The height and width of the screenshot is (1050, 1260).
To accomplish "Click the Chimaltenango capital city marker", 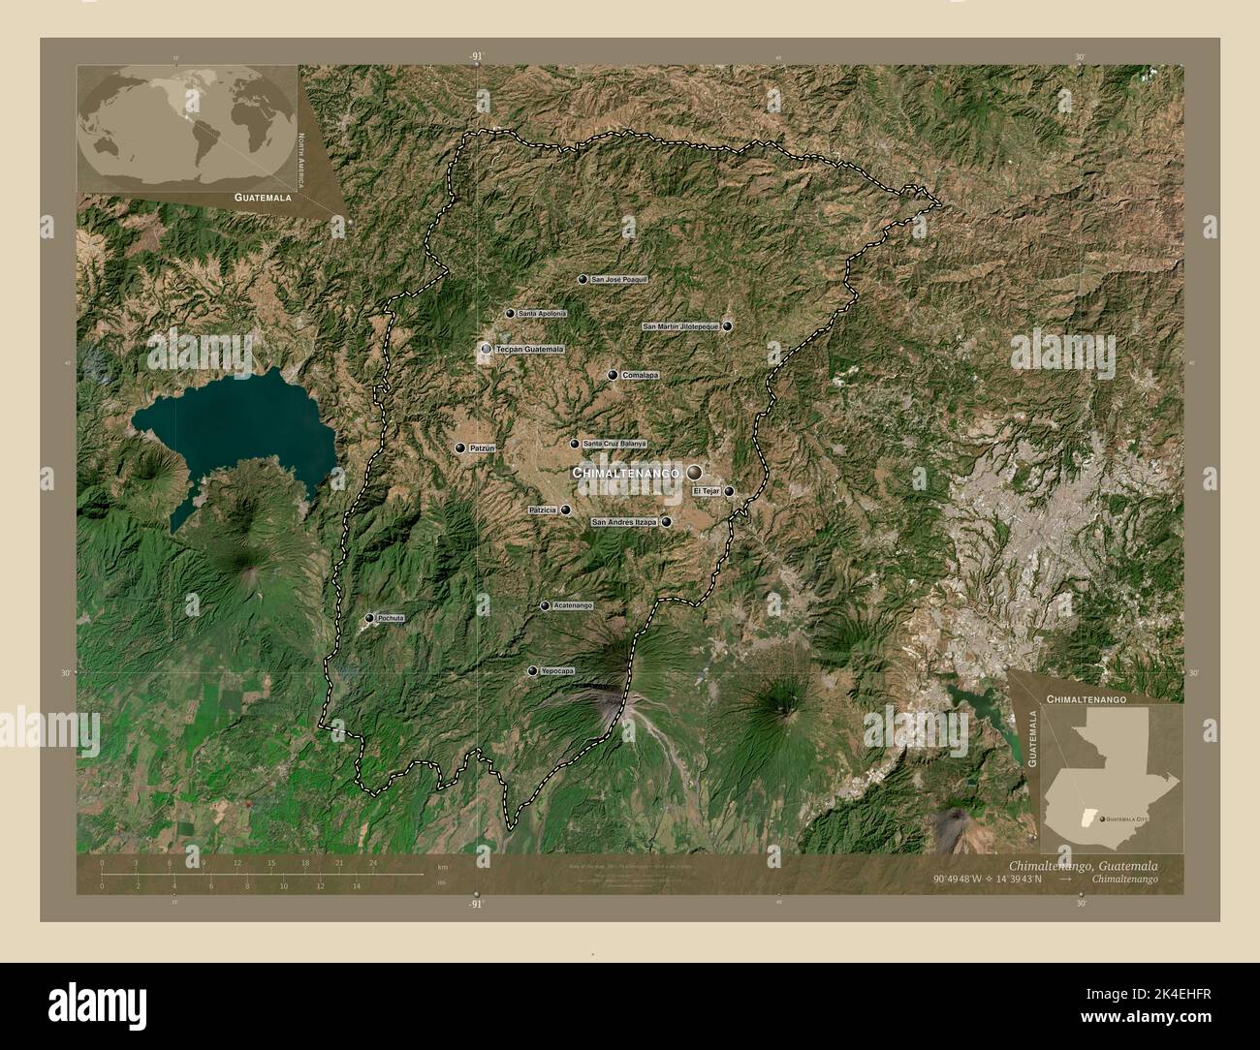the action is pyautogui.click(x=694, y=473).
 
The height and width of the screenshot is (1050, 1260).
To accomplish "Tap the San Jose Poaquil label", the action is pyautogui.click(x=618, y=279).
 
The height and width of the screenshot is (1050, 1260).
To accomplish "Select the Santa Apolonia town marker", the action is pyautogui.click(x=510, y=314).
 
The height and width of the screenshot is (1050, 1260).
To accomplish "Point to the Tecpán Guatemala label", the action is pyautogui.click(x=529, y=349).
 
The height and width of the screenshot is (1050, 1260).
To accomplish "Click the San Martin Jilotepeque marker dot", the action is pyautogui.click(x=727, y=326).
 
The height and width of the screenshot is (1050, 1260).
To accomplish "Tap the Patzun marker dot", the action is pyautogui.click(x=460, y=448).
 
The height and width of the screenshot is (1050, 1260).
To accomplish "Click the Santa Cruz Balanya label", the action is pyautogui.click(x=614, y=444).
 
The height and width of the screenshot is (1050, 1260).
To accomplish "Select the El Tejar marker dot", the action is pyautogui.click(x=729, y=491).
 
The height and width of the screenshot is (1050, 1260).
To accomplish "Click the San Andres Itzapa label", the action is pyautogui.click(x=624, y=522).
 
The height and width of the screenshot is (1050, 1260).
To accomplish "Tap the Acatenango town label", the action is pyautogui.click(x=572, y=606).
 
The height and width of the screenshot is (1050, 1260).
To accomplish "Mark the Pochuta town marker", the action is pyautogui.click(x=369, y=618).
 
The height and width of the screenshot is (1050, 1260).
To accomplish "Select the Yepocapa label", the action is pyautogui.click(x=557, y=671).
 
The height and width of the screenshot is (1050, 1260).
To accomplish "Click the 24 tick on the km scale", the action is pyautogui.click(x=372, y=862).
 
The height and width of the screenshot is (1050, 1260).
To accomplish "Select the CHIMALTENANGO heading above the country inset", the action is pyautogui.click(x=1085, y=697).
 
